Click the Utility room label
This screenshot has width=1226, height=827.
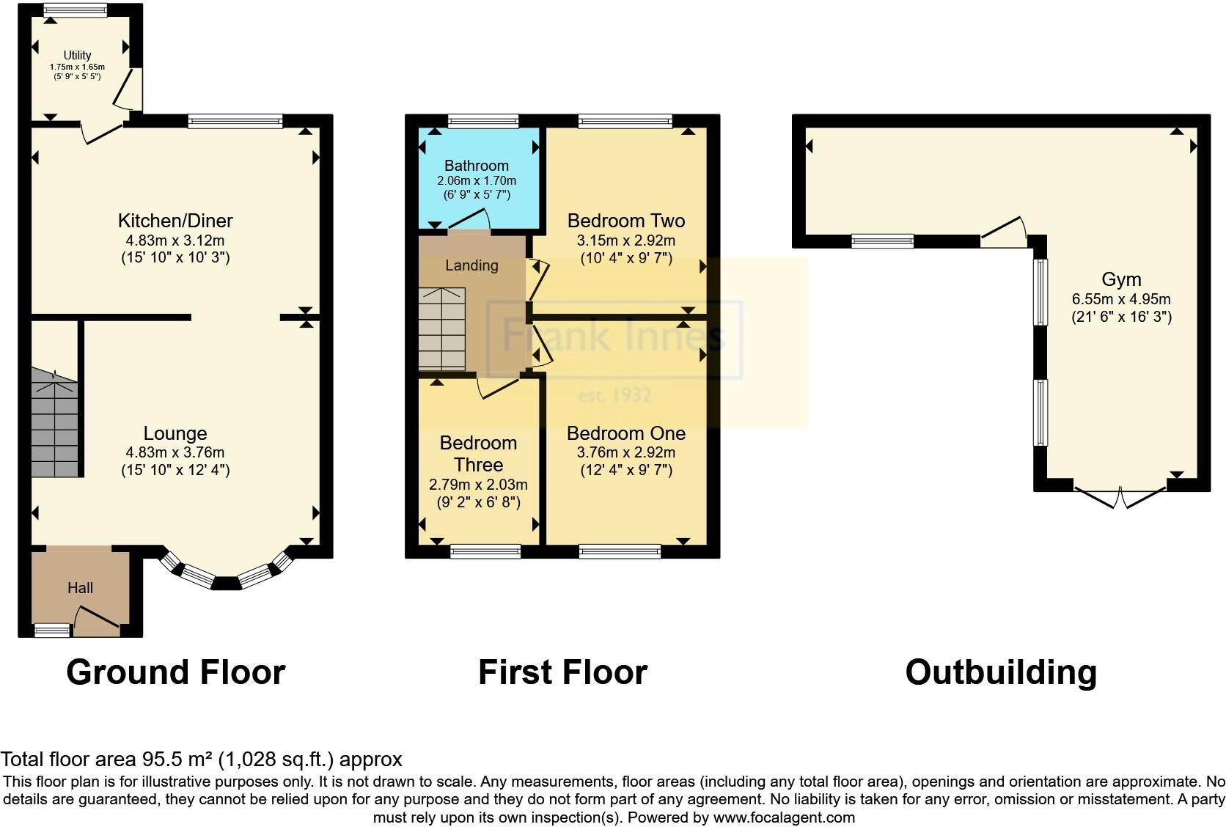(x=77, y=55)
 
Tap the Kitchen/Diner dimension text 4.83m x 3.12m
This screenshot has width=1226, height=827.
(x=175, y=240)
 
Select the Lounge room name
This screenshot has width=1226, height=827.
(x=175, y=433)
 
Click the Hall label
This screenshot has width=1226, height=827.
(x=80, y=587)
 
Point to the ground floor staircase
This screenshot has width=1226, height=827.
(x=54, y=424)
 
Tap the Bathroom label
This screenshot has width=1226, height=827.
(x=477, y=166)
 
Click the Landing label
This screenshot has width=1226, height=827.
(x=471, y=265)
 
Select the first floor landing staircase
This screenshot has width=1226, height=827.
(x=441, y=328)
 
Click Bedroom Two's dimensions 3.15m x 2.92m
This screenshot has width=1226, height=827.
(x=626, y=240)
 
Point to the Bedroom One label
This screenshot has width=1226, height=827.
(x=626, y=433)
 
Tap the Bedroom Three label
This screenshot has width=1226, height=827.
(x=478, y=453)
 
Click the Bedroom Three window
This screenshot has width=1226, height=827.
(x=485, y=551)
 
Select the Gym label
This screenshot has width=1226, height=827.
(x=1121, y=279)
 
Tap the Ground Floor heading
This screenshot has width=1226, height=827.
(x=175, y=672)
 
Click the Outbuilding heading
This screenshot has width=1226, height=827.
(x=1001, y=672)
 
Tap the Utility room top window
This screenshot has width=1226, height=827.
(x=75, y=10)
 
